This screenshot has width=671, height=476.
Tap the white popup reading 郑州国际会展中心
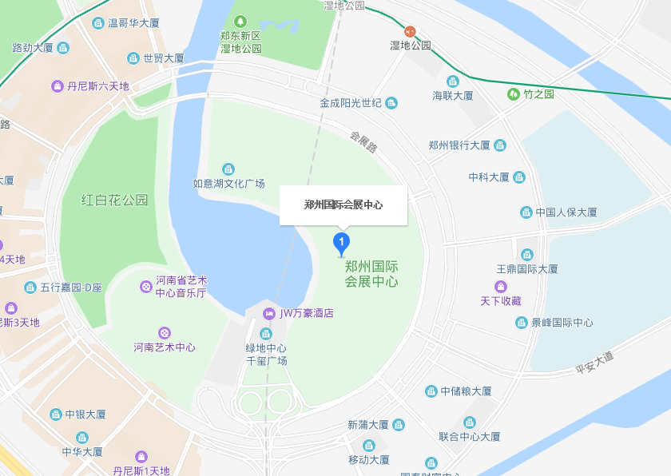[343, 205]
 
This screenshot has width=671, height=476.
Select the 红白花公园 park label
[115, 200]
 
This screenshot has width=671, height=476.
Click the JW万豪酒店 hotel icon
[271, 313]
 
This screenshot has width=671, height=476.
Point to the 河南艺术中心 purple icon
[165, 332]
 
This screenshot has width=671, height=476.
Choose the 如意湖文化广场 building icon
[228, 169]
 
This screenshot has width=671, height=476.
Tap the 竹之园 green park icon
[513, 94]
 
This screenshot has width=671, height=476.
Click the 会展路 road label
[363, 142]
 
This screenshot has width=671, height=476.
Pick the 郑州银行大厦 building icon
[500, 145]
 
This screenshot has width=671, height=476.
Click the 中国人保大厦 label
[566, 212]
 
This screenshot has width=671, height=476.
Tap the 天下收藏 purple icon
[501, 286]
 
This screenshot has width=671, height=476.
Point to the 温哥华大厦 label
[133, 23]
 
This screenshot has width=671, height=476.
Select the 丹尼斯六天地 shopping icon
[58, 86]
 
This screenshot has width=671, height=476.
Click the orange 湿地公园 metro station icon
[410, 31]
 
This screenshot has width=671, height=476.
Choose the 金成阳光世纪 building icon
[391, 103]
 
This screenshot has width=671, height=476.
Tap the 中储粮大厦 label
[466, 391]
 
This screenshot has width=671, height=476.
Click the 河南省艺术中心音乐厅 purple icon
[146, 287]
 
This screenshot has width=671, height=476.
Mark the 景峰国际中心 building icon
[522, 323]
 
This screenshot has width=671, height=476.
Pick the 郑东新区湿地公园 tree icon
[241, 20]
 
